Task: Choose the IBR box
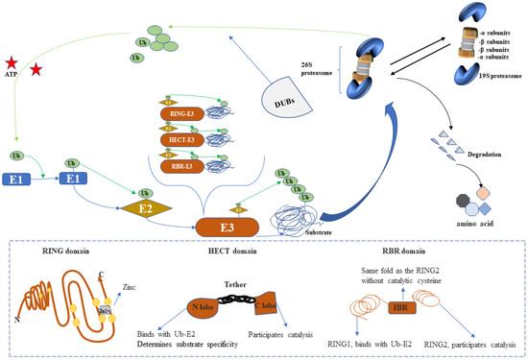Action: [398, 310]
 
